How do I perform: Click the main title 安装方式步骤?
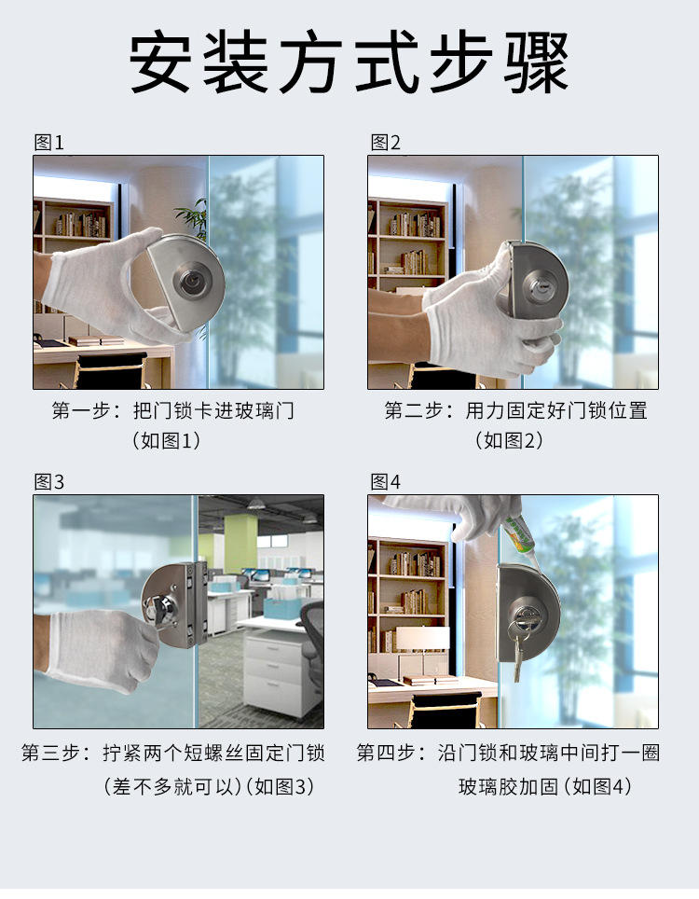349,62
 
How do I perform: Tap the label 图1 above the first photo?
49,142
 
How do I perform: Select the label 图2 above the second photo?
385,142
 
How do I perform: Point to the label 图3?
49,481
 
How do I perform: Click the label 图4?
385,481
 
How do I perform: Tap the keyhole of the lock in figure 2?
539,285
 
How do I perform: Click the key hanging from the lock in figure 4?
518,652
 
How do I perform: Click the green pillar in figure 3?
240,546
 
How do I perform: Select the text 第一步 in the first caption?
81,410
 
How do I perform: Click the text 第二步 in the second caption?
413,410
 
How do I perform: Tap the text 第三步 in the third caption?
50,753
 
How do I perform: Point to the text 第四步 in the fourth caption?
386,753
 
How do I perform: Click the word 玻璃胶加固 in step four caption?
508,787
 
